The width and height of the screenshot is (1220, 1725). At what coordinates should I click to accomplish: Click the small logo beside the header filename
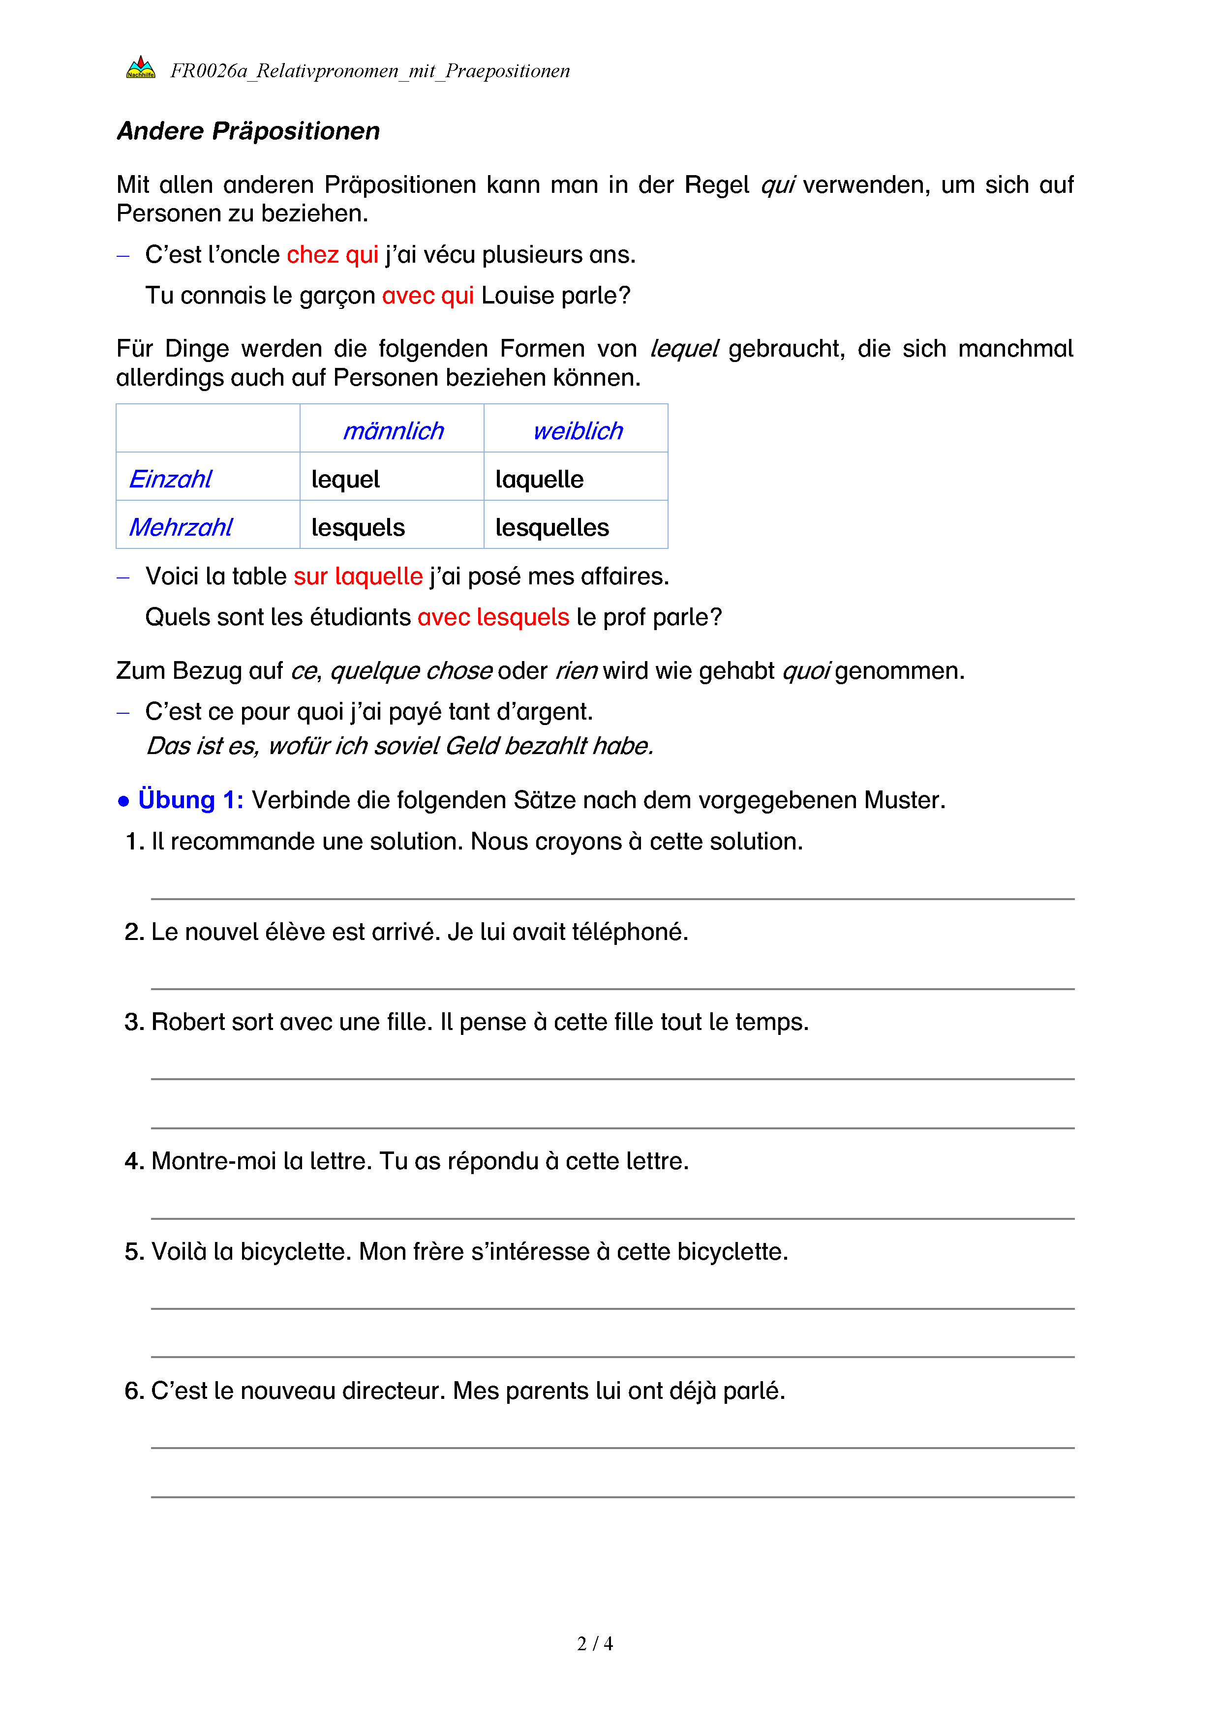[x=141, y=67]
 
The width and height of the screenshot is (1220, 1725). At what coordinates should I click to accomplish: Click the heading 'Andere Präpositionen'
[x=248, y=131]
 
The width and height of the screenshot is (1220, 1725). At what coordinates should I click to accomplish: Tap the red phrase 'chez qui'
[x=332, y=255]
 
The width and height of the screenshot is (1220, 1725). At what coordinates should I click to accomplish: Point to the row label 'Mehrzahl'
[x=181, y=527]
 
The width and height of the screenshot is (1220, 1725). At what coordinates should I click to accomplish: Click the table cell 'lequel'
[x=345, y=480]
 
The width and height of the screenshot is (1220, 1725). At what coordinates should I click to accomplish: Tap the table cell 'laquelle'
[x=539, y=480]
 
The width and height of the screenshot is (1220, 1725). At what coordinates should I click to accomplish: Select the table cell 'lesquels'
[x=358, y=527]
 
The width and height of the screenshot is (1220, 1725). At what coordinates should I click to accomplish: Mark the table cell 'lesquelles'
[x=552, y=527]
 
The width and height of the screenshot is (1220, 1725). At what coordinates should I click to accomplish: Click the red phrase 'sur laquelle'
[x=358, y=576]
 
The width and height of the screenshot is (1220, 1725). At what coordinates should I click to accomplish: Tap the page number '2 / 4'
[x=595, y=1644]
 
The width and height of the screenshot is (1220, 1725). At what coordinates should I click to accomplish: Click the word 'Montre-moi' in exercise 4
[x=214, y=1161]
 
